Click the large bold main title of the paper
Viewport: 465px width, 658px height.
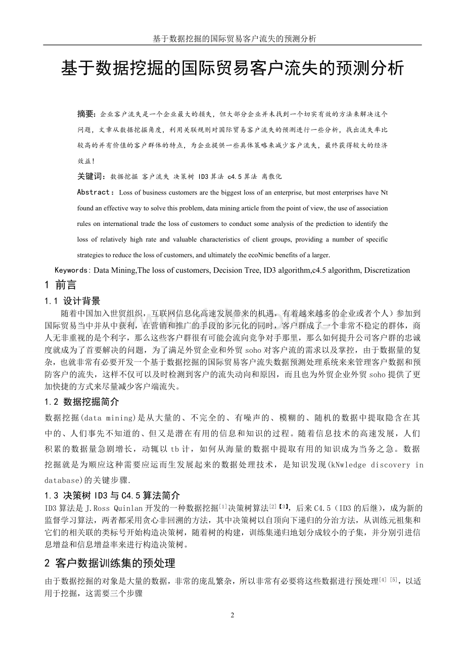pos(232,68)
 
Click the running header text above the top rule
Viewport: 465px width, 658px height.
pos(232,39)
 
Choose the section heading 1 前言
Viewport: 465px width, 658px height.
pos(61,286)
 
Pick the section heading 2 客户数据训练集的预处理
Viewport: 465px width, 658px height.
pos(110,562)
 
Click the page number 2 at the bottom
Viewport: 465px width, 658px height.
pos(232,615)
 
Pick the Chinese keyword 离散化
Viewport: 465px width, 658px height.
pos(271,176)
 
